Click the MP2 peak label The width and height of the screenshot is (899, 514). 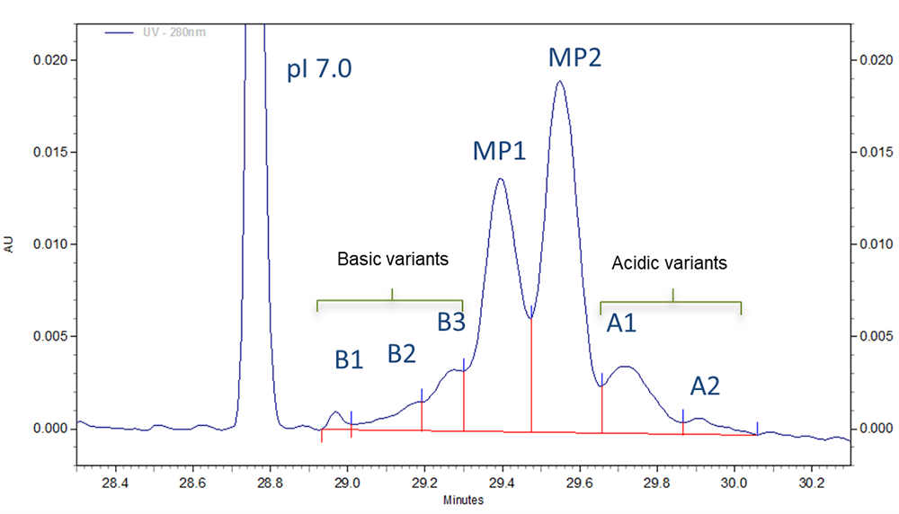pyautogui.click(x=574, y=59)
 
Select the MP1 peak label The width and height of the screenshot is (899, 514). pyautogui.click(x=499, y=151)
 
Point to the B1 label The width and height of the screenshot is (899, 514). pyautogui.click(x=349, y=360)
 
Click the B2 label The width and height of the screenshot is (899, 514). pyautogui.click(x=402, y=353)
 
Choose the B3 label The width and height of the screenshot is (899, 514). pyautogui.click(x=451, y=322)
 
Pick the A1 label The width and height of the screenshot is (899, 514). pyautogui.click(x=621, y=323)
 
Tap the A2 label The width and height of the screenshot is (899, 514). pyautogui.click(x=705, y=386)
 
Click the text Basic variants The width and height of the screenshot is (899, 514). pyautogui.click(x=392, y=259)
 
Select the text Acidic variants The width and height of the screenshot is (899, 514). pyautogui.click(x=669, y=263)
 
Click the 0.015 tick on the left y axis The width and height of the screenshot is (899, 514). pyautogui.click(x=49, y=152)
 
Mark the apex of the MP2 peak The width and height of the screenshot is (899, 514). pyautogui.click(x=560, y=82)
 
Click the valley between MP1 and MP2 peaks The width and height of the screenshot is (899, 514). pyautogui.click(x=530, y=317)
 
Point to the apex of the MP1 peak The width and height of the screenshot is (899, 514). pyautogui.click(x=500, y=179)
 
